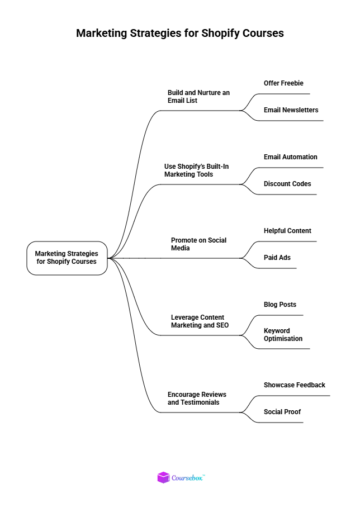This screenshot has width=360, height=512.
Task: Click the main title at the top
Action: (180, 34)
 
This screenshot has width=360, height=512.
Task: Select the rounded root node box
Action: (67, 258)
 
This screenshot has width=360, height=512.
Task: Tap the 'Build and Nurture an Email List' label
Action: (198, 96)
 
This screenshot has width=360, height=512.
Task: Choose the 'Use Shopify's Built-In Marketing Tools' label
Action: (197, 170)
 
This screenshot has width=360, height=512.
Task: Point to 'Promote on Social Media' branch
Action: (198, 244)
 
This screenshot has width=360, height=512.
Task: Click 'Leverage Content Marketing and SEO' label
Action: (200, 321)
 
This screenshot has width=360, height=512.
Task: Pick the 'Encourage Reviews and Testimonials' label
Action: (197, 398)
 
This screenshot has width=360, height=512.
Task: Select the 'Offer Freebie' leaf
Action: (283, 83)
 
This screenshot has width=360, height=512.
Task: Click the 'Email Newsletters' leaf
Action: (291, 110)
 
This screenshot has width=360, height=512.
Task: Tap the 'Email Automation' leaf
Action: (290, 157)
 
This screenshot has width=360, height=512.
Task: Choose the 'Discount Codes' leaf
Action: (287, 184)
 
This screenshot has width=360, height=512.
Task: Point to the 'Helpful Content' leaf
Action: (287, 231)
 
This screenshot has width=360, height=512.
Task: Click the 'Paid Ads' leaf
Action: (277, 258)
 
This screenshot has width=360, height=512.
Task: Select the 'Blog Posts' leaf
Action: (280, 305)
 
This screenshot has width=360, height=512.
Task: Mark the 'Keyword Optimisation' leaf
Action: (283, 334)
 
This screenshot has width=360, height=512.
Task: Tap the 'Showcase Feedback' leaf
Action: (295, 385)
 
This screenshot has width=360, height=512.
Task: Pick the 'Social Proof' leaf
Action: (282, 412)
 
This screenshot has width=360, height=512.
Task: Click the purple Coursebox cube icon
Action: (163, 478)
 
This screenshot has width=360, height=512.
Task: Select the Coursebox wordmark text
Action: (188, 478)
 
